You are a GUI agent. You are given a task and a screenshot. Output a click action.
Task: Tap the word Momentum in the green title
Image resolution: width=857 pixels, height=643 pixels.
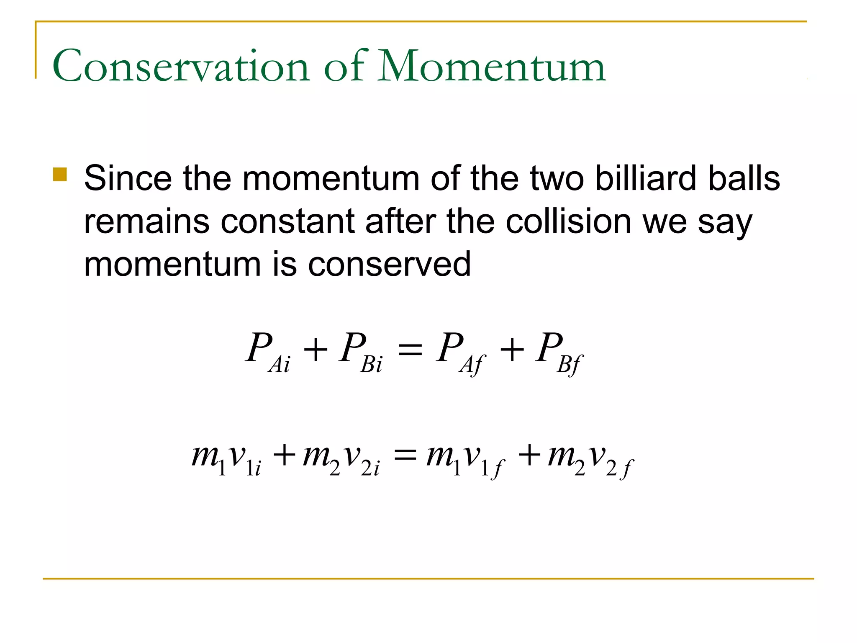click(x=491, y=66)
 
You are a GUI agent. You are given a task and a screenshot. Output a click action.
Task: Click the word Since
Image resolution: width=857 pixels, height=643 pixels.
click(x=128, y=178)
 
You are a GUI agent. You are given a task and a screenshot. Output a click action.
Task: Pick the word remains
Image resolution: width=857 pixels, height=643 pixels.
click(x=146, y=221)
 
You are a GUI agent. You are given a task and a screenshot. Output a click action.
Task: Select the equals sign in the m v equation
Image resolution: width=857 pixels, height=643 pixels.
click(x=405, y=455)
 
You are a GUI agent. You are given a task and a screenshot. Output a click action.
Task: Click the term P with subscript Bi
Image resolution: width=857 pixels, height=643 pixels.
click(x=360, y=352)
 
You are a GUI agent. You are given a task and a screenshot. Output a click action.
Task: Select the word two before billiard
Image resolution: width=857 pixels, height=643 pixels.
click(x=557, y=178)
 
